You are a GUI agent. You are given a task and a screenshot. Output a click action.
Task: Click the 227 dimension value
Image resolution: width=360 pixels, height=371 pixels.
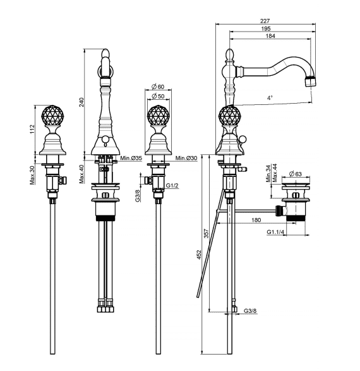tap(265, 21)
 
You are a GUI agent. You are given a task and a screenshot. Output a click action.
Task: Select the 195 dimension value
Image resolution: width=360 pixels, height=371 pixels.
tap(266, 28)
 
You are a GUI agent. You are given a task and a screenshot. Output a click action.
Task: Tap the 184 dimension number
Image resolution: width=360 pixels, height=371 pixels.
tap(270, 36)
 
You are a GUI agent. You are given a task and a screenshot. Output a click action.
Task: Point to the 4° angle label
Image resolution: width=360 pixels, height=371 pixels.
tap(270, 97)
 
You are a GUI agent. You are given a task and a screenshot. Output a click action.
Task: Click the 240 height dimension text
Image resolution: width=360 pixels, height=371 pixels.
tap(81, 102)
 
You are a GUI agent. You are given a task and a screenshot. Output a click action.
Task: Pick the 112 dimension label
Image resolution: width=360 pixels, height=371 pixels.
tap(32, 130)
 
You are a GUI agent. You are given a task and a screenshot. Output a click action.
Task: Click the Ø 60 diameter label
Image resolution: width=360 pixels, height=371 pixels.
tap(158, 87)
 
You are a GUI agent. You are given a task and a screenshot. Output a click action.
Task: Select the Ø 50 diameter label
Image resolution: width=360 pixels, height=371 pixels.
tap(158, 96)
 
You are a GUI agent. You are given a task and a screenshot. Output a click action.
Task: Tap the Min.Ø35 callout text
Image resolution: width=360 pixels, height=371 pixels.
tap(131, 158)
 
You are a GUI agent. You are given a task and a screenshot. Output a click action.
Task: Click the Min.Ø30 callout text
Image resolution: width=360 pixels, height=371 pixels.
tap(186, 158)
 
